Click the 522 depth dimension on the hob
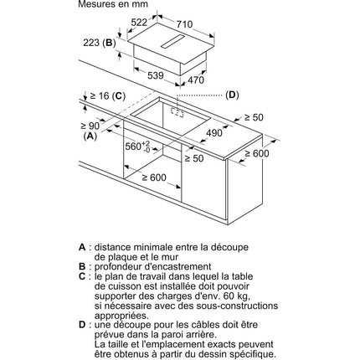[139, 23]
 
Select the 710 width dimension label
[184, 24]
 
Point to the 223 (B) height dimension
[100, 43]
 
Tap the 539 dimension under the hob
[155, 75]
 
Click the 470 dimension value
[196, 80]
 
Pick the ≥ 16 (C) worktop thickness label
[107, 96]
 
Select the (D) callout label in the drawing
[232, 95]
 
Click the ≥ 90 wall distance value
[90, 126]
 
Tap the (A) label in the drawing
[90, 136]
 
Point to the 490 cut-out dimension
[214, 133]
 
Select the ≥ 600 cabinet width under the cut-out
[154, 177]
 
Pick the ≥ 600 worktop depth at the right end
[257, 153]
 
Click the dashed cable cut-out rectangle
[177, 112]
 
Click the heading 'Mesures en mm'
[113, 4]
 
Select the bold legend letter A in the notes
[82, 247]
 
